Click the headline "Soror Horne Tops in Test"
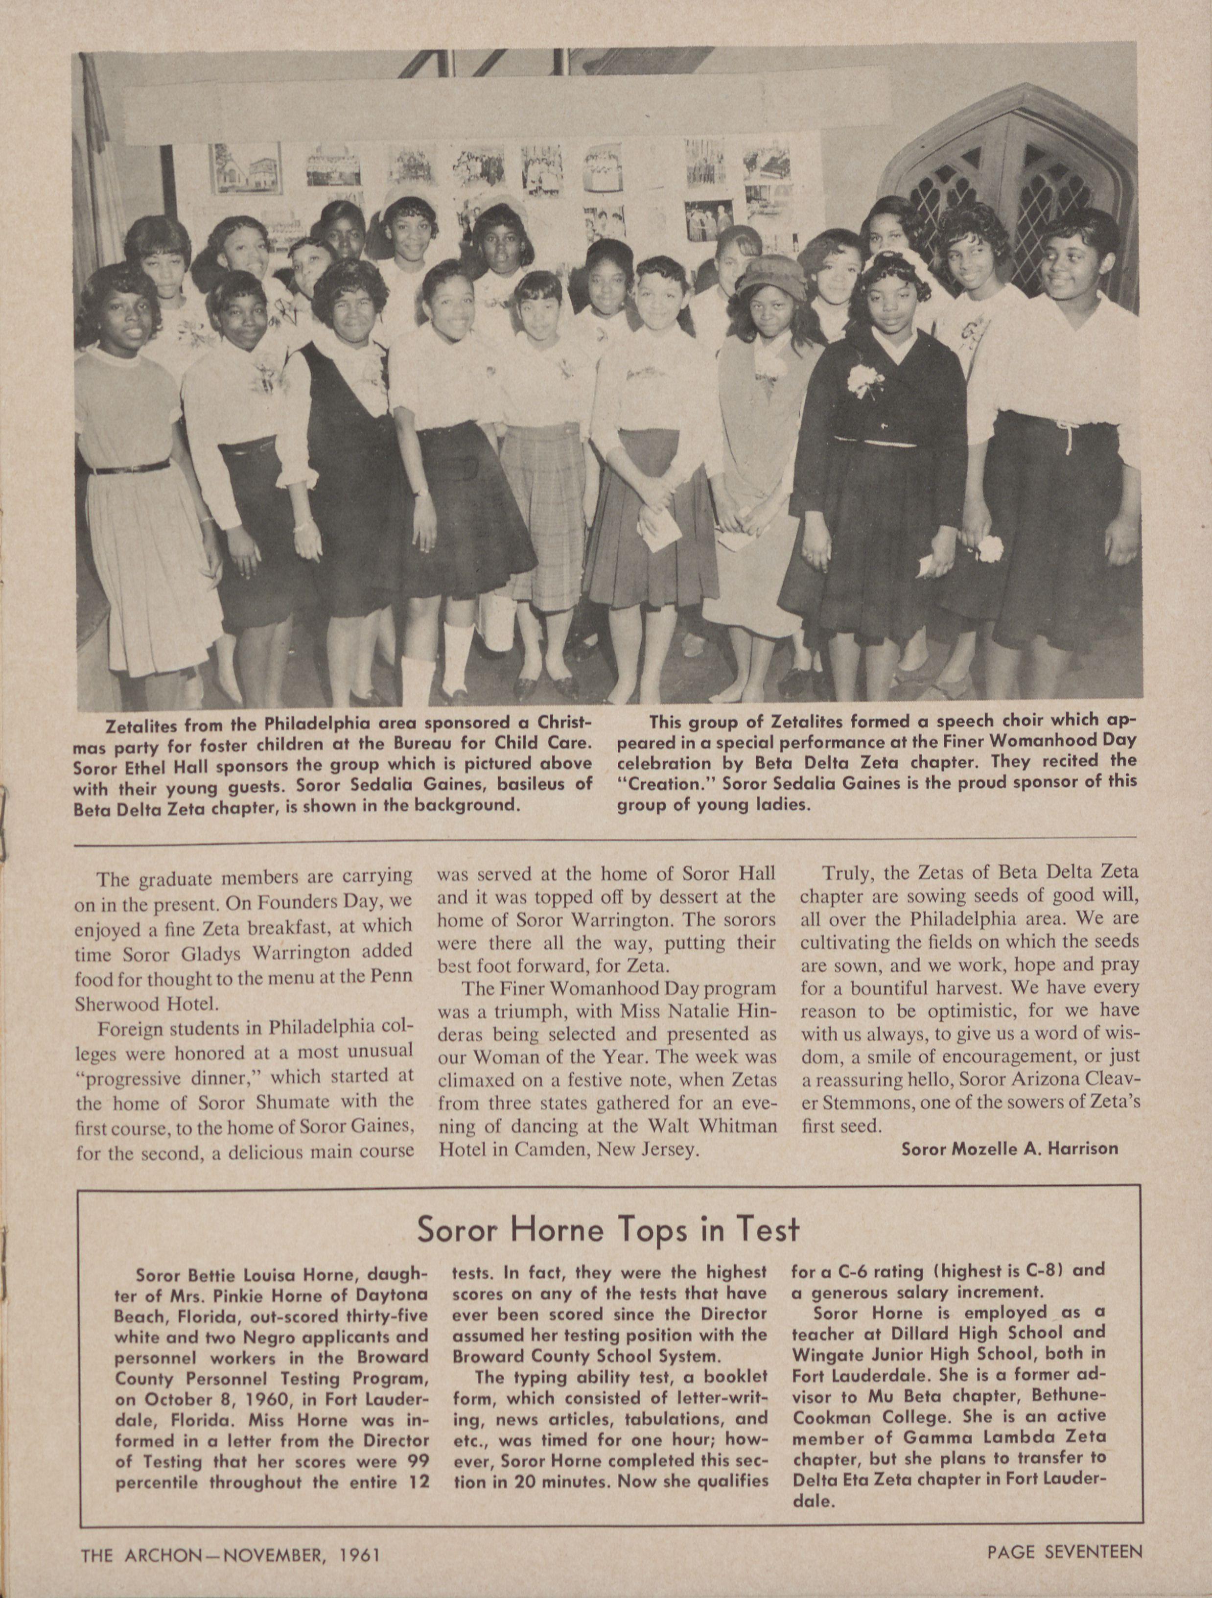[x=608, y=1229]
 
